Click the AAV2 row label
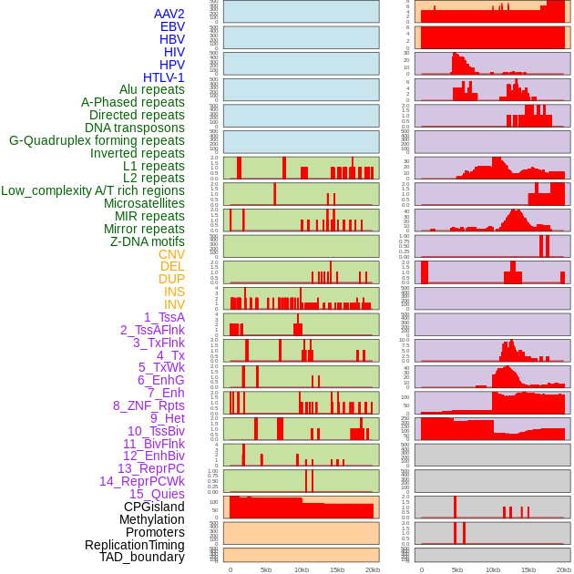click(169, 14)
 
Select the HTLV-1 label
click(163, 77)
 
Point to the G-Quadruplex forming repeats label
click(97, 140)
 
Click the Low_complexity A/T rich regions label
click(92, 190)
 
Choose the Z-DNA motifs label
click(147, 241)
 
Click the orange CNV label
click(171, 254)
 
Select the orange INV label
click(174, 304)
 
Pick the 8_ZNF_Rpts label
click(149, 405)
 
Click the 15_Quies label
click(156, 494)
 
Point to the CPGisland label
click(154, 507)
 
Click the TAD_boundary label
click(141, 557)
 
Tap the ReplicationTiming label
click(134, 545)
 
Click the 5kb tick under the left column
click(266, 569)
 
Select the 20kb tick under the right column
click(564, 569)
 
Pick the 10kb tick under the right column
click(493, 569)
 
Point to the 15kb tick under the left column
click(337, 569)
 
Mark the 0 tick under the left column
click(230, 569)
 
